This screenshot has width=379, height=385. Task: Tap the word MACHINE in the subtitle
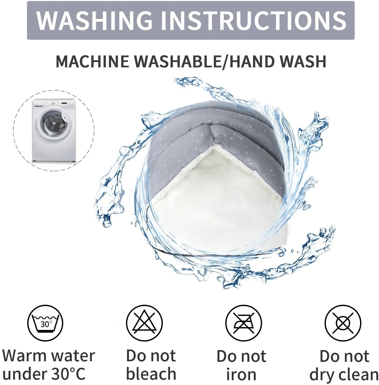(x=92, y=61)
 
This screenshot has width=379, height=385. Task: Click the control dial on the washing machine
(x=54, y=103)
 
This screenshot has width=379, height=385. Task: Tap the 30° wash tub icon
(x=45, y=323)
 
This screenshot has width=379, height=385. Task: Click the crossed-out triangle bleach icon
(x=144, y=323)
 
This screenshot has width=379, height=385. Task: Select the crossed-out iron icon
(x=243, y=323)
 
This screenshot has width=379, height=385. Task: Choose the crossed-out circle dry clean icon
(x=343, y=323)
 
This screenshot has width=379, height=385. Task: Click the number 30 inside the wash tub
(x=45, y=324)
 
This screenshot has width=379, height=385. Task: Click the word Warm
(x=25, y=355)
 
